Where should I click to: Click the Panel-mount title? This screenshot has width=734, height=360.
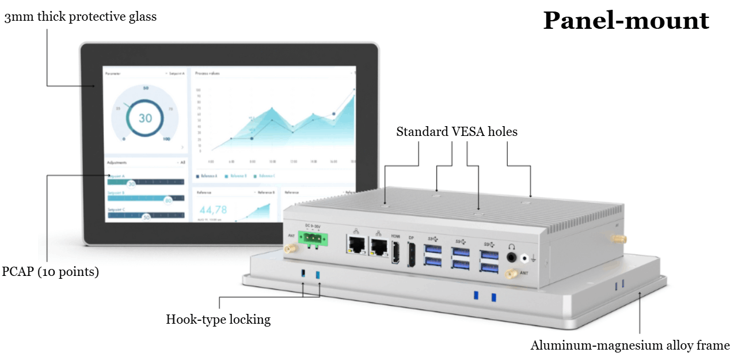626,21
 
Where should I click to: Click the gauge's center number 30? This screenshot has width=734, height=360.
145,118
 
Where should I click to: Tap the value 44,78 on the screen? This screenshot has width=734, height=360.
212,209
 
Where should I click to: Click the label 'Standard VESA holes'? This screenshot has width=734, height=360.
457,132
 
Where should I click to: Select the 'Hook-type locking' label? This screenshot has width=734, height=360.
218,319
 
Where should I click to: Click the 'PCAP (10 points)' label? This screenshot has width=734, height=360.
51,271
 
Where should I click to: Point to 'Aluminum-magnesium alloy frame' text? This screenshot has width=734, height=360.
630,346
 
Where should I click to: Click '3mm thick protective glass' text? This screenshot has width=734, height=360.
80,17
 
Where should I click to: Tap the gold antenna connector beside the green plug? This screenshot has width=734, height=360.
290,248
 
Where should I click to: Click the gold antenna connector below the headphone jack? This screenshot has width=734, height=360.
509,275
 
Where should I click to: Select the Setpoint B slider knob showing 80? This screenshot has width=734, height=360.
168,200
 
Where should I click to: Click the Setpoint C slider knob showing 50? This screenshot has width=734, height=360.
146,217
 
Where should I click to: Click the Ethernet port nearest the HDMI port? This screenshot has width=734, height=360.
378,248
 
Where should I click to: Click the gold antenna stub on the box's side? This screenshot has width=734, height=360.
617,238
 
